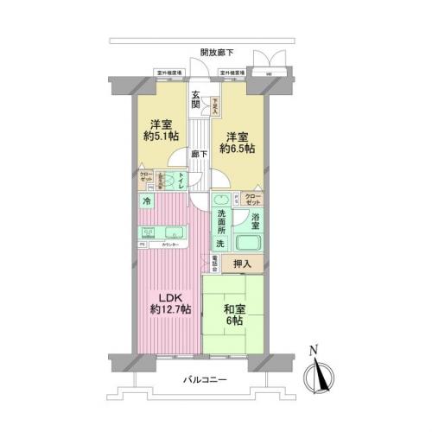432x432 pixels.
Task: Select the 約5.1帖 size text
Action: tap(160, 137)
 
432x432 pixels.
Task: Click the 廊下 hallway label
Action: tap(198, 153)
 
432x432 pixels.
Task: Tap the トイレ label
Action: tap(181, 181)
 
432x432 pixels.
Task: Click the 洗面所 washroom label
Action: tap(221, 221)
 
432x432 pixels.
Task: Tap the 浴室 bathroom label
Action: tap(257, 220)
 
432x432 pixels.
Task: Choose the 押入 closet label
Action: tap(244, 264)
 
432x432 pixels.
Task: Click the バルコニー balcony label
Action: tap(205, 379)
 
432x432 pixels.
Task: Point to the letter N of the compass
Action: tap(316, 350)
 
